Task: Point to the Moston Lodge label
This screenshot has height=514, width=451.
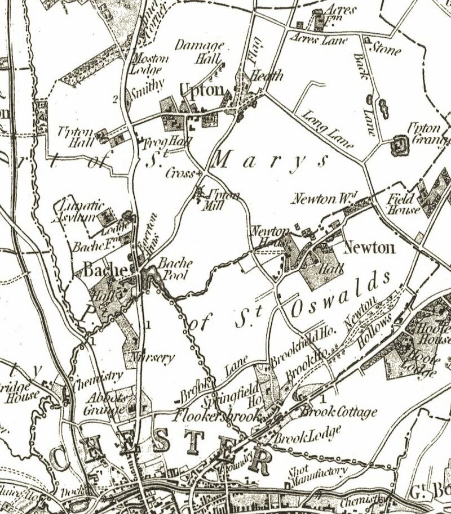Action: [x=148, y=64]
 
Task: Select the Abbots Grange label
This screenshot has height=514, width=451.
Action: [x=104, y=404]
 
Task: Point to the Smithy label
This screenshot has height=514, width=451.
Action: [x=147, y=84]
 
